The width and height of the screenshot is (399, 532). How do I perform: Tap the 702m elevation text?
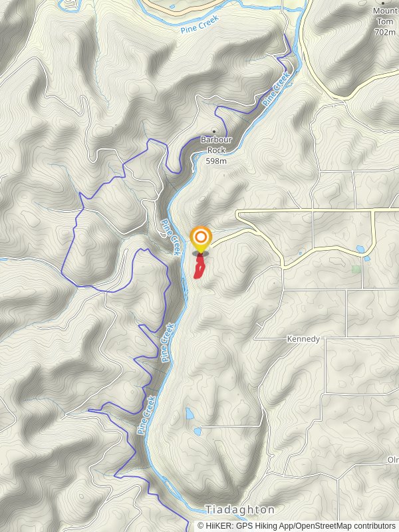[x=384, y=31]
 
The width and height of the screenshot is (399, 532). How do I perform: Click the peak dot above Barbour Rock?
[x=213, y=130]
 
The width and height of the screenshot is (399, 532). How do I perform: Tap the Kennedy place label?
[x=303, y=339]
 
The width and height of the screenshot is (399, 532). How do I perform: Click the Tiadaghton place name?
[x=240, y=510]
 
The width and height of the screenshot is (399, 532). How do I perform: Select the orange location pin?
[x=200, y=238]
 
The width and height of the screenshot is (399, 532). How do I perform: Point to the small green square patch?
[x=356, y=269]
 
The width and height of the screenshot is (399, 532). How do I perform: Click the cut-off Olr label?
[x=392, y=460]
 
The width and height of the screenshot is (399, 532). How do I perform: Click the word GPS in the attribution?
[x=246, y=526]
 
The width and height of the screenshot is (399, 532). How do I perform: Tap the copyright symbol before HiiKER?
[x=201, y=526]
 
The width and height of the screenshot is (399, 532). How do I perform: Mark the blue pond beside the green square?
[x=360, y=249]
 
